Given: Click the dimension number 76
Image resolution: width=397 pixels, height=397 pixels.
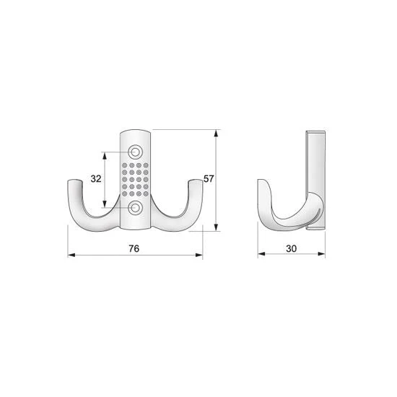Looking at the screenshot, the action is (134, 248).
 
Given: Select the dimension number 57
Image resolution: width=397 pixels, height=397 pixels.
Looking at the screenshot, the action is (209, 179).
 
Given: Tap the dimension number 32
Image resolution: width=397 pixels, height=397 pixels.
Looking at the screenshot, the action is (96, 179).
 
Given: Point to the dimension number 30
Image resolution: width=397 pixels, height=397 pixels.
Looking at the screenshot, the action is (291, 248).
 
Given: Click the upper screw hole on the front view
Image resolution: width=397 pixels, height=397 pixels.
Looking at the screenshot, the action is (136, 152).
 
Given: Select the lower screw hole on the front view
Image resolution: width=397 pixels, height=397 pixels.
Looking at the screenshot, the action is (136, 208).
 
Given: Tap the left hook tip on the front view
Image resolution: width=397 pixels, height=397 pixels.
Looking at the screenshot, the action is (74, 181).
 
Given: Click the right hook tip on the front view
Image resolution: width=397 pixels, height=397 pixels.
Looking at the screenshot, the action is (196, 181).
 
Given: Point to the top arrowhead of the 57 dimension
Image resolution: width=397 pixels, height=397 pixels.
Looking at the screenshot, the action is (216, 134).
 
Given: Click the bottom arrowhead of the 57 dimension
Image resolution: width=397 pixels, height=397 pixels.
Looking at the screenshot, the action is (216, 227).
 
